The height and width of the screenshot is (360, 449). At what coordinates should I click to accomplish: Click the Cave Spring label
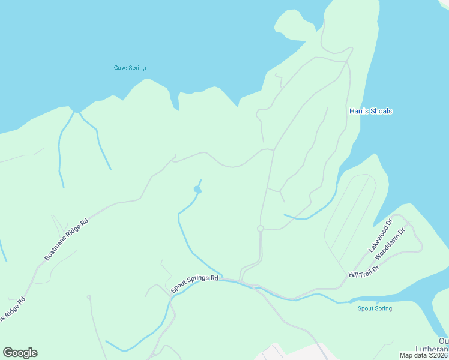[x=130, y=68]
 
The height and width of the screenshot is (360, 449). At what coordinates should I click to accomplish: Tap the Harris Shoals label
[x=370, y=111]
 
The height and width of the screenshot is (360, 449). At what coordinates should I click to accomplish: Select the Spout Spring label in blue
[x=375, y=308]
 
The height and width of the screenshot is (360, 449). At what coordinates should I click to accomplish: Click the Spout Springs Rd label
[x=194, y=284]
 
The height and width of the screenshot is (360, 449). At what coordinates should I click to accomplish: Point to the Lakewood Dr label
[x=380, y=235]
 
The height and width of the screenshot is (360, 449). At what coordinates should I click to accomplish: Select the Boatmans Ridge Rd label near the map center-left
[x=67, y=239]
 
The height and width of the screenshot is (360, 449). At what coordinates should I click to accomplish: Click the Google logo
[x=20, y=353]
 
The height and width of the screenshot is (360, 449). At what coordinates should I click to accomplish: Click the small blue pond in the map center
[x=197, y=190]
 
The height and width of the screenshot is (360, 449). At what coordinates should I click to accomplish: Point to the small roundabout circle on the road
[x=261, y=229]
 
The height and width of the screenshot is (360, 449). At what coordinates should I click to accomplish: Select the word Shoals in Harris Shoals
[x=379, y=111]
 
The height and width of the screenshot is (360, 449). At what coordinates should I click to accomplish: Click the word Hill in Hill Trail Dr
[x=354, y=275]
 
